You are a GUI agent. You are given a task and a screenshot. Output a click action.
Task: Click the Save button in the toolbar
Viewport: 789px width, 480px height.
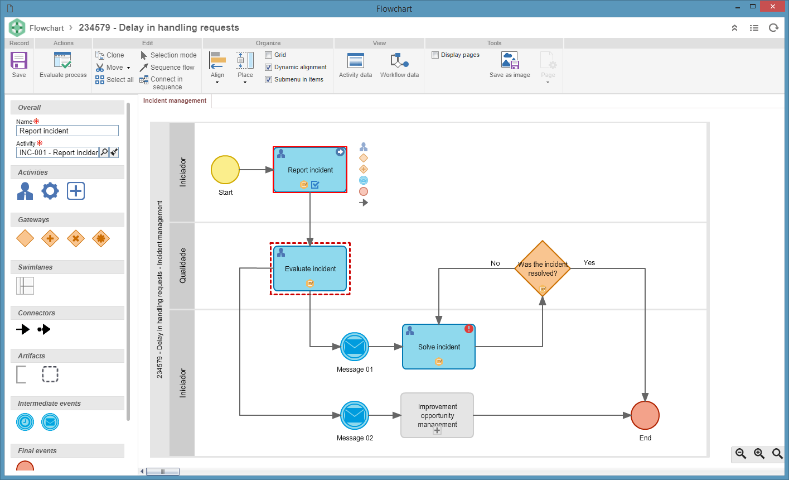(x=18, y=65)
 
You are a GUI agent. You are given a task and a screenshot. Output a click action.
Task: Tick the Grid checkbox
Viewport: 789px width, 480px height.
(x=268, y=55)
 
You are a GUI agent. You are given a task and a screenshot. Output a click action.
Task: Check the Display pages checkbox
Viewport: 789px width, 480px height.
(x=435, y=55)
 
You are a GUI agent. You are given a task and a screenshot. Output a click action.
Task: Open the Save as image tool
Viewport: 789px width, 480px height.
(x=510, y=65)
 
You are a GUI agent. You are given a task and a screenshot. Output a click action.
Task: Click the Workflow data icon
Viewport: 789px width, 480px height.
(x=399, y=60)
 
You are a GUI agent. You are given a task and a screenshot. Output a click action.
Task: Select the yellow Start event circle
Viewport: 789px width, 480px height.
(x=225, y=170)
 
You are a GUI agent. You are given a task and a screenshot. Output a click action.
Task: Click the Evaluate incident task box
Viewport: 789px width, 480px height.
(x=310, y=268)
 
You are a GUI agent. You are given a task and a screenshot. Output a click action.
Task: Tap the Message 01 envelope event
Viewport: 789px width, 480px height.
(x=354, y=347)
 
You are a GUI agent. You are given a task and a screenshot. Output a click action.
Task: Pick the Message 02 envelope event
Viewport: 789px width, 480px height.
(x=354, y=415)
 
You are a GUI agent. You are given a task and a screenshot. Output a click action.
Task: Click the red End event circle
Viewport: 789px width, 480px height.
(x=645, y=415)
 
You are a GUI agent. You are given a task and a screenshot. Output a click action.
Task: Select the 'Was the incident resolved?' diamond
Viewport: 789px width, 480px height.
(x=543, y=268)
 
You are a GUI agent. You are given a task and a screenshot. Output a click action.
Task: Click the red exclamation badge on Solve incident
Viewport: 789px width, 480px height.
(x=469, y=329)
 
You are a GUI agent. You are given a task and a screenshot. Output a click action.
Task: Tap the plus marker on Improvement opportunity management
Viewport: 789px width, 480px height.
(x=437, y=430)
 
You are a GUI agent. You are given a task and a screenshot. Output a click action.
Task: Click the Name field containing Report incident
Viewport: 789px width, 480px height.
(x=67, y=131)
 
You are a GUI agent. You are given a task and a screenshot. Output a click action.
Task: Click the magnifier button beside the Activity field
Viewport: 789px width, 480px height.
(x=104, y=152)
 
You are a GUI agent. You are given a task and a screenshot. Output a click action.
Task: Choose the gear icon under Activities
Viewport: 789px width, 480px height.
(x=50, y=191)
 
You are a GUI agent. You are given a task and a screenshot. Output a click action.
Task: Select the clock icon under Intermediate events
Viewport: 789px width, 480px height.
(x=25, y=422)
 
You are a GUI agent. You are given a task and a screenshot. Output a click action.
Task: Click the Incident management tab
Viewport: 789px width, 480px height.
(x=175, y=101)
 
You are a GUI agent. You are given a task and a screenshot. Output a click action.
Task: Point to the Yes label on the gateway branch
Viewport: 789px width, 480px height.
(x=589, y=263)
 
